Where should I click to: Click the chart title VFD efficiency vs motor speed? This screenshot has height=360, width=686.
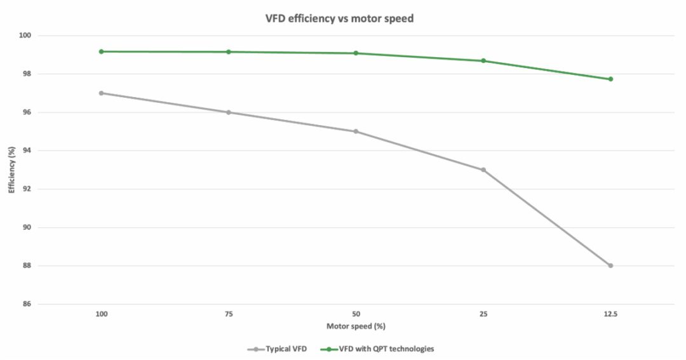pyautogui.click(x=339, y=18)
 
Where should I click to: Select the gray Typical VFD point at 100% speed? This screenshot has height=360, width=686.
pyautogui.click(x=101, y=93)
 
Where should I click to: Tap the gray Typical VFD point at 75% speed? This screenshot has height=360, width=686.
pyautogui.click(x=229, y=112)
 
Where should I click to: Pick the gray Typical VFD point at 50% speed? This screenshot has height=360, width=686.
pyautogui.click(x=356, y=131)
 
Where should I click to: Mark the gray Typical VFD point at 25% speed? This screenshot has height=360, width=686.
pyautogui.click(x=483, y=170)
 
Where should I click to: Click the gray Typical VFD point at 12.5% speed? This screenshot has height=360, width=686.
pyautogui.click(x=610, y=265)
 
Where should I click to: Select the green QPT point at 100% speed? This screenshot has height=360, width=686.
pyautogui.click(x=101, y=51)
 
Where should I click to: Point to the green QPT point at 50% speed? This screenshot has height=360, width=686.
pyautogui.click(x=356, y=53)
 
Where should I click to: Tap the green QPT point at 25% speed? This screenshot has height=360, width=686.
pyautogui.click(x=483, y=61)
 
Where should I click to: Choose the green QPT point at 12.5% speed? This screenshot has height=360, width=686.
pyautogui.click(x=610, y=79)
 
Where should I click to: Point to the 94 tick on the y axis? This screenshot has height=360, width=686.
pyautogui.click(x=27, y=150)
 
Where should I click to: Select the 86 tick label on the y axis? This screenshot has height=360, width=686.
pyautogui.click(x=27, y=304)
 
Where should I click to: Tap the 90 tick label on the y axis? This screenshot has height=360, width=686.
pyautogui.click(x=27, y=227)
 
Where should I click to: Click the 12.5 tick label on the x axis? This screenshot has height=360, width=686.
pyautogui.click(x=610, y=314)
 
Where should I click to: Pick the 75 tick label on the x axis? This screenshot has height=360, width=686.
pyautogui.click(x=229, y=314)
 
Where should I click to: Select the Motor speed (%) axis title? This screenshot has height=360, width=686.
pyautogui.click(x=356, y=326)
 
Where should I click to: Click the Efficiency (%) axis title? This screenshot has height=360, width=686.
pyautogui.click(x=11, y=170)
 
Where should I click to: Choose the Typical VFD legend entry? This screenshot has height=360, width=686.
pyautogui.click(x=280, y=349)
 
